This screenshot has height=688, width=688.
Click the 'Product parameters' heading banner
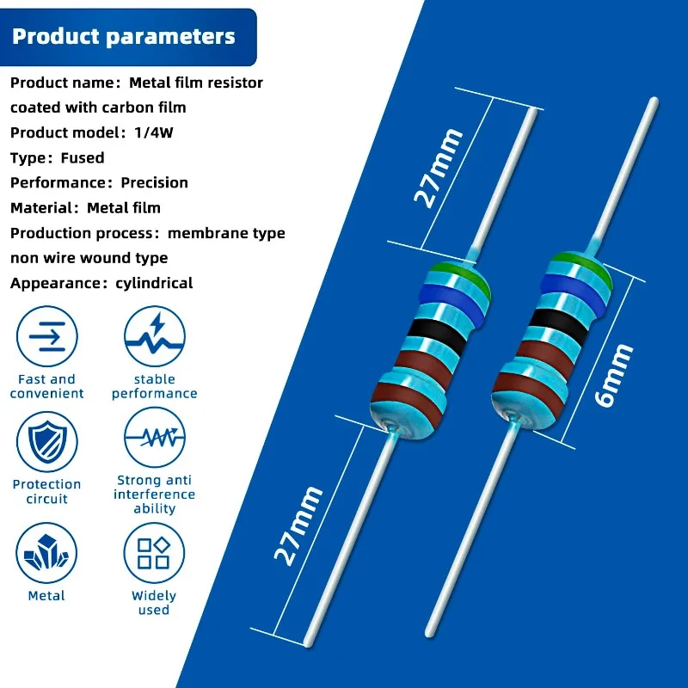click(x=124, y=37)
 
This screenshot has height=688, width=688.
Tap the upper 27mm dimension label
click(x=439, y=169)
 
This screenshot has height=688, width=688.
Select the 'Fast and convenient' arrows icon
click(x=47, y=336)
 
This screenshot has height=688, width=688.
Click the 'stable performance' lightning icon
click(x=155, y=336)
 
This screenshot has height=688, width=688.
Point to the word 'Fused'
click(x=83, y=157)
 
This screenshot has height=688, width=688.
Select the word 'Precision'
click(x=154, y=182)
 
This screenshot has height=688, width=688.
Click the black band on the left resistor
click(x=437, y=332)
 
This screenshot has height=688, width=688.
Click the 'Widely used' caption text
click(x=154, y=602)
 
